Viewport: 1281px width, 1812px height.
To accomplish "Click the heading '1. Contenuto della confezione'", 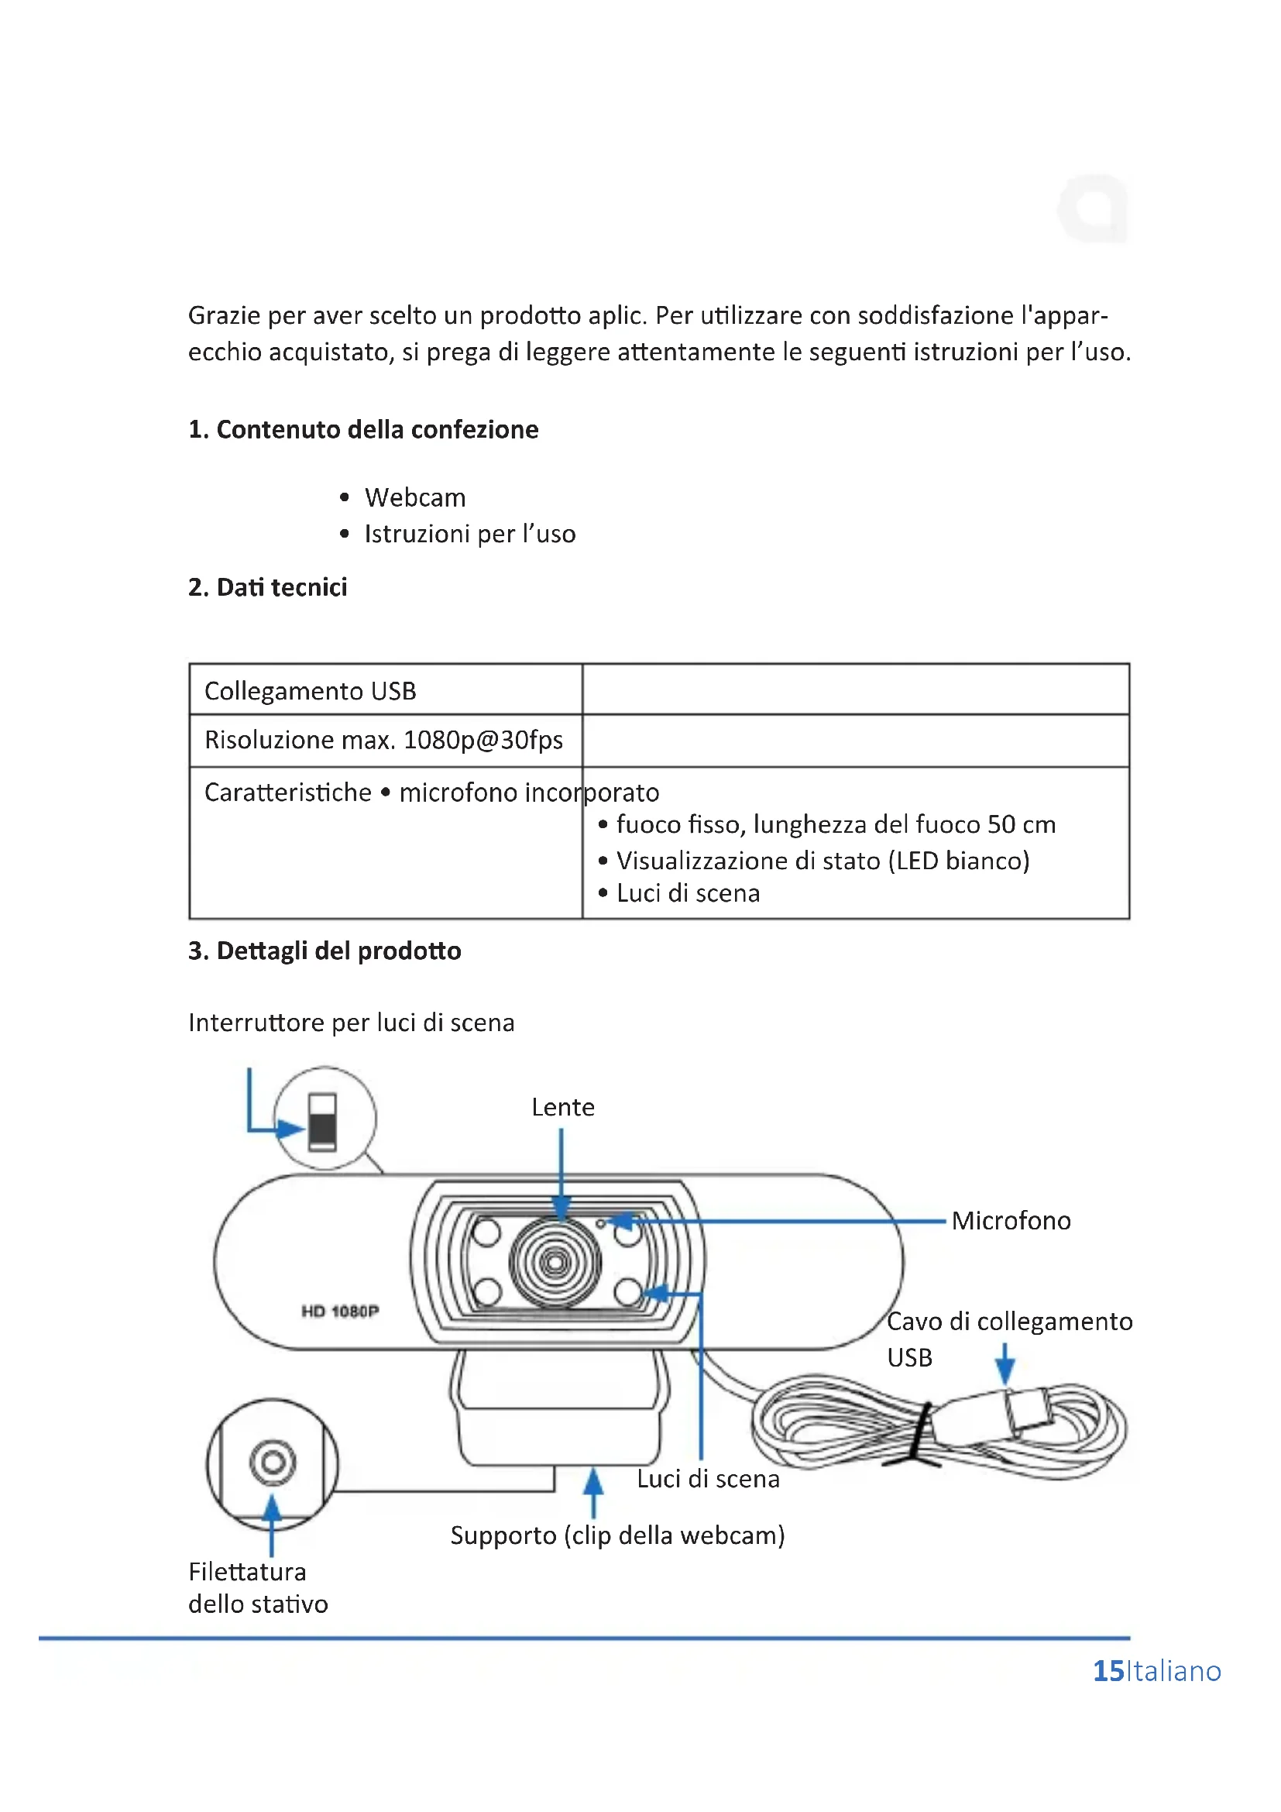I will click(x=362, y=429).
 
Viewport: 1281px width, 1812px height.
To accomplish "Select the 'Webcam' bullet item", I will click(x=415, y=498).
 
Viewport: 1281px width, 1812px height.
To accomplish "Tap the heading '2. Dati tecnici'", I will click(x=267, y=587).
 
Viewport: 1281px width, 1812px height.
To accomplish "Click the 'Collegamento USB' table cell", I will click(x=310, y=691).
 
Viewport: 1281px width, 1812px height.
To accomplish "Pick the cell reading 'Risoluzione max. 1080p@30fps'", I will click(x=383, y=741).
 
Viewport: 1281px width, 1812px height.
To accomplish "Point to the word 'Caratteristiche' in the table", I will click(x=288, y=793).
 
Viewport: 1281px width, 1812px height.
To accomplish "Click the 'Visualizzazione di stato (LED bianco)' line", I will click(x=823, y=860).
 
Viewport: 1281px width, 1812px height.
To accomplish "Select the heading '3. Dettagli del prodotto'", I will click(x=325, y=951).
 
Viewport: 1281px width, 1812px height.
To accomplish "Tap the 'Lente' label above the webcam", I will click(x=562, y=1107).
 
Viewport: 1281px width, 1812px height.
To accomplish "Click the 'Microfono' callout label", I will click(x=1011, y=1221).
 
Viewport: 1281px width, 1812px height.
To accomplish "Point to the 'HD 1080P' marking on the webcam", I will click(x=340, y=1311).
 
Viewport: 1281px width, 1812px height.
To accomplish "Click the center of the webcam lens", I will click(x=555, y=1262).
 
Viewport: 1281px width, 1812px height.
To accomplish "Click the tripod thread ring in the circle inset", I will click(x=273, y=1463).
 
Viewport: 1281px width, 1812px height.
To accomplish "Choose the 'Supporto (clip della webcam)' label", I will click(x=617, y=1535).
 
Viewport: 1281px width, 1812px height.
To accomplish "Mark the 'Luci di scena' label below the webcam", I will click(x=708, y=1479).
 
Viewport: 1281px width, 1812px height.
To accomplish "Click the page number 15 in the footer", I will click(x=1108, y=1672).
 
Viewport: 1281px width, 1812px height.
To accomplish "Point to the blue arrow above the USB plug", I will click(x=1005, y=1363).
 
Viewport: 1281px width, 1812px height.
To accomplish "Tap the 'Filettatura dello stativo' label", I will click(x=257, y=1588).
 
